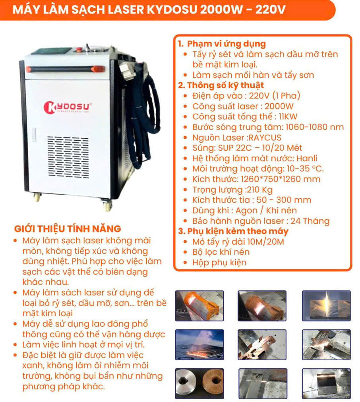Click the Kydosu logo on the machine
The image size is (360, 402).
point(68,107)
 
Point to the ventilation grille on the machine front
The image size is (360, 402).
point(68,157)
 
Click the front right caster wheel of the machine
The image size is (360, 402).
point(106,205)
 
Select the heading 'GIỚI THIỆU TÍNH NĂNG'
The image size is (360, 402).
point(68,229)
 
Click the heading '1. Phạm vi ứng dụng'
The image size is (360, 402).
point(222,44)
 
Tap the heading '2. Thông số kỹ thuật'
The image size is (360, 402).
point(221,85)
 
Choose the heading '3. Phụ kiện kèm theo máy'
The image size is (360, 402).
point(233,231)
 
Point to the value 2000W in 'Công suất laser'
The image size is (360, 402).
point(279,106)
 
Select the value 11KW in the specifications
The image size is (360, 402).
point(288,117)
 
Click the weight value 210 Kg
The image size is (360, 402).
point(260,190)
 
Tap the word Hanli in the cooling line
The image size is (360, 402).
point(307,158)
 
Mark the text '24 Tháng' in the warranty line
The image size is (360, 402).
point(310,221)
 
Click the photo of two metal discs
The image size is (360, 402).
point(199,384)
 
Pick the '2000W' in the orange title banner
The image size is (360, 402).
point(221,10)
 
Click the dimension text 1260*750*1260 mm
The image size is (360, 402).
point(281,179)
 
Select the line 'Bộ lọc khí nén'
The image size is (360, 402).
point(221,252)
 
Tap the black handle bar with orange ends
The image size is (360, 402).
point(65,69)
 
